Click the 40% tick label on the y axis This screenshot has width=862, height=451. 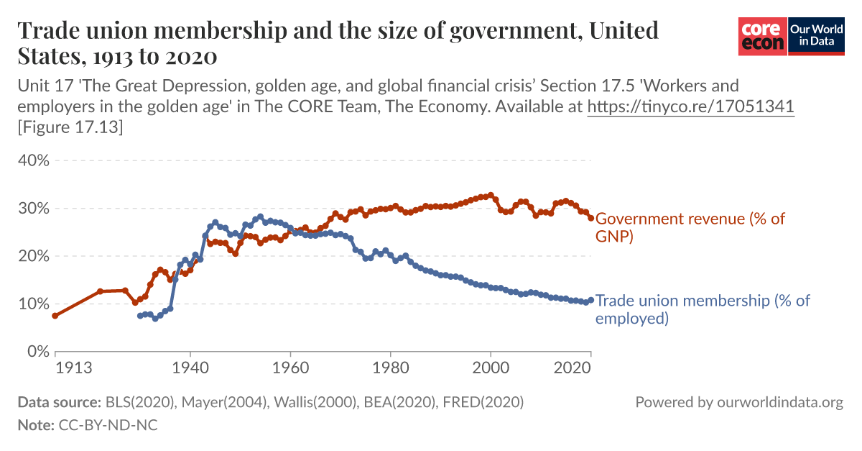pos(33,160)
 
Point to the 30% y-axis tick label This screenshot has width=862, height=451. pos(33,209)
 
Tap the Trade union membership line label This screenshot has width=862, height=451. pos(703,309)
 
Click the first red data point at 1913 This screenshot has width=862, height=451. pos(55,316)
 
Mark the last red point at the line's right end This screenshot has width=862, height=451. pos(591,217)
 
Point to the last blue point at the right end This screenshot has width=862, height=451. pos(591,300)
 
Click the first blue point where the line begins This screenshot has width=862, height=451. pos(140,316)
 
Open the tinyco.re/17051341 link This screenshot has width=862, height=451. pos(691,107)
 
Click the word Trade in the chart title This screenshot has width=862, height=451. pos(47,31)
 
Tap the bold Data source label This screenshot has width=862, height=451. pos(59,402)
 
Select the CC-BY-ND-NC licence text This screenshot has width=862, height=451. pos(106,425)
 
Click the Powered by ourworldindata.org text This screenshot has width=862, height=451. pos(739,402)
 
